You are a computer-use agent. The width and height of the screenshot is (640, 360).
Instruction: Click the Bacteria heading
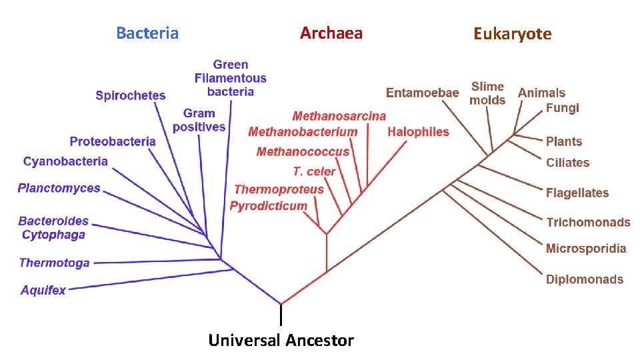point(147,33)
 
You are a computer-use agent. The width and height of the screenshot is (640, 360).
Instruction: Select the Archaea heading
point(331,33)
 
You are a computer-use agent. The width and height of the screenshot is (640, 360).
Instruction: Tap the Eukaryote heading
point(512,34)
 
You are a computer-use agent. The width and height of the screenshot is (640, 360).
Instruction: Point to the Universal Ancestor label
point(281,341)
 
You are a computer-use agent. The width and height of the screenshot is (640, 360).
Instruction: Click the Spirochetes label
point(131,95)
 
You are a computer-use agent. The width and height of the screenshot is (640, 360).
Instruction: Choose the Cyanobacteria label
point(65,161)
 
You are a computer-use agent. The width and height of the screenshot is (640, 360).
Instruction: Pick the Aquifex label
point(43,290)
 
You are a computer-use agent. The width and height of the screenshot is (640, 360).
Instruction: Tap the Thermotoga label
point(55,263)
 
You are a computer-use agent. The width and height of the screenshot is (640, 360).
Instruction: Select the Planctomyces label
point(59,189)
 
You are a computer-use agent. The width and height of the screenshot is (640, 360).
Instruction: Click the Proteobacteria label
point(113,141)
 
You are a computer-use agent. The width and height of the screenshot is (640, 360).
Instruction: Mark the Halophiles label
point(418,132)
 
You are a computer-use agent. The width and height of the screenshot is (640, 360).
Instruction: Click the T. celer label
point(314,171)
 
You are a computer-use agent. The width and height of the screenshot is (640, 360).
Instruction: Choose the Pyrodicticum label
point(269,206)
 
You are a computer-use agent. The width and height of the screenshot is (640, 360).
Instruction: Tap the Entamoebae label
point(423,93)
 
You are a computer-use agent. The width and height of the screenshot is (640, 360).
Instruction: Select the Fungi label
point(563,108)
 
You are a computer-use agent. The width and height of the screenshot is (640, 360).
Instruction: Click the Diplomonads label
point(585,279)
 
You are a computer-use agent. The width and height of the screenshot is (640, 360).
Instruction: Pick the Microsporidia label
point(586,249)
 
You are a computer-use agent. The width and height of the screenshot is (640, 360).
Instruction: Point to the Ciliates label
point(568,163)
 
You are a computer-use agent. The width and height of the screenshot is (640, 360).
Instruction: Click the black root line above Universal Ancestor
point(281,314)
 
